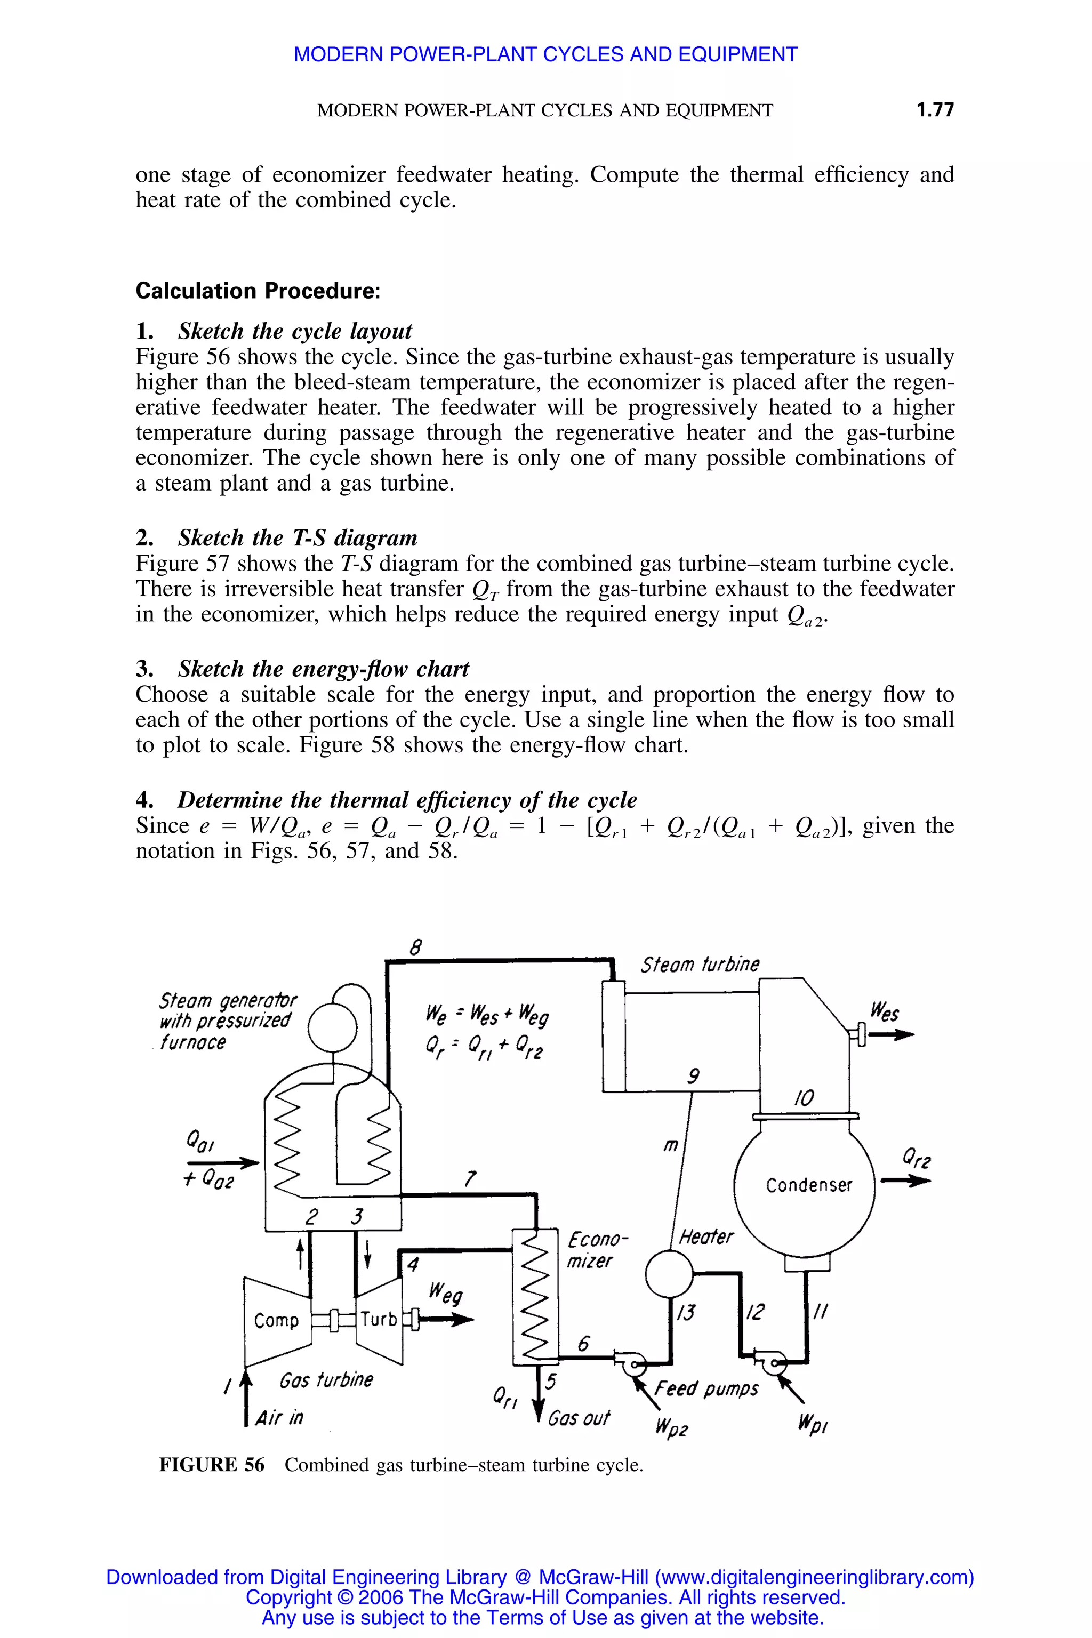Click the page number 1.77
coord(935,109)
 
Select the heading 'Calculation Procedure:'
coord(258,291)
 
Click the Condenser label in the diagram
coord(808,1185)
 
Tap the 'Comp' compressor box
coord(277,1320)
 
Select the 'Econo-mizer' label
coord(597,1250)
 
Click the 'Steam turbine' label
coord(699,965)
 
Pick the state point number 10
coord(803,1099)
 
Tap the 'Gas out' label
coord(578,1417)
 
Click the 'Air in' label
coord(278,1417)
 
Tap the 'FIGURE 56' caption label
coord(212,1465)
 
